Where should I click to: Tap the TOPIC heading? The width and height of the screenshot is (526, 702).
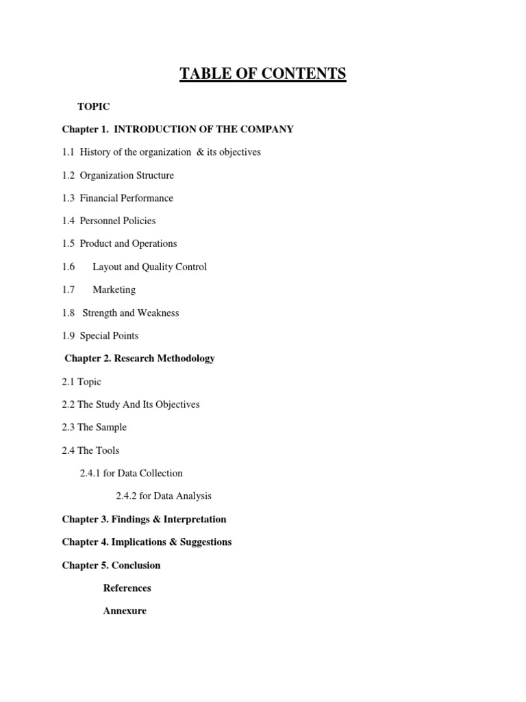(94, 106)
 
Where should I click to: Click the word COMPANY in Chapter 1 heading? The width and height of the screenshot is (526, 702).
(266, 129)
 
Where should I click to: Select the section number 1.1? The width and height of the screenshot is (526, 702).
(68, 152)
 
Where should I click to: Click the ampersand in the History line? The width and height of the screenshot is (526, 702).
(201, 152)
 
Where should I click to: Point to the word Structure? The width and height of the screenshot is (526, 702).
(155, 175)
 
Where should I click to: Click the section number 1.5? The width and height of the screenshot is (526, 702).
(68, 243)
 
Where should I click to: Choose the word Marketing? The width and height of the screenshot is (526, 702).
(114, 289)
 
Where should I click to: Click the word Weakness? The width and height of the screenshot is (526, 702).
(158, 313)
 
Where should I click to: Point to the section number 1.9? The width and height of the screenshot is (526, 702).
(68, 335)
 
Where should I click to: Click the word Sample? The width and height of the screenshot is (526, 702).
(112, 427)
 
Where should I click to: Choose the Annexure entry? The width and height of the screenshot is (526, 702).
(125, 611)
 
